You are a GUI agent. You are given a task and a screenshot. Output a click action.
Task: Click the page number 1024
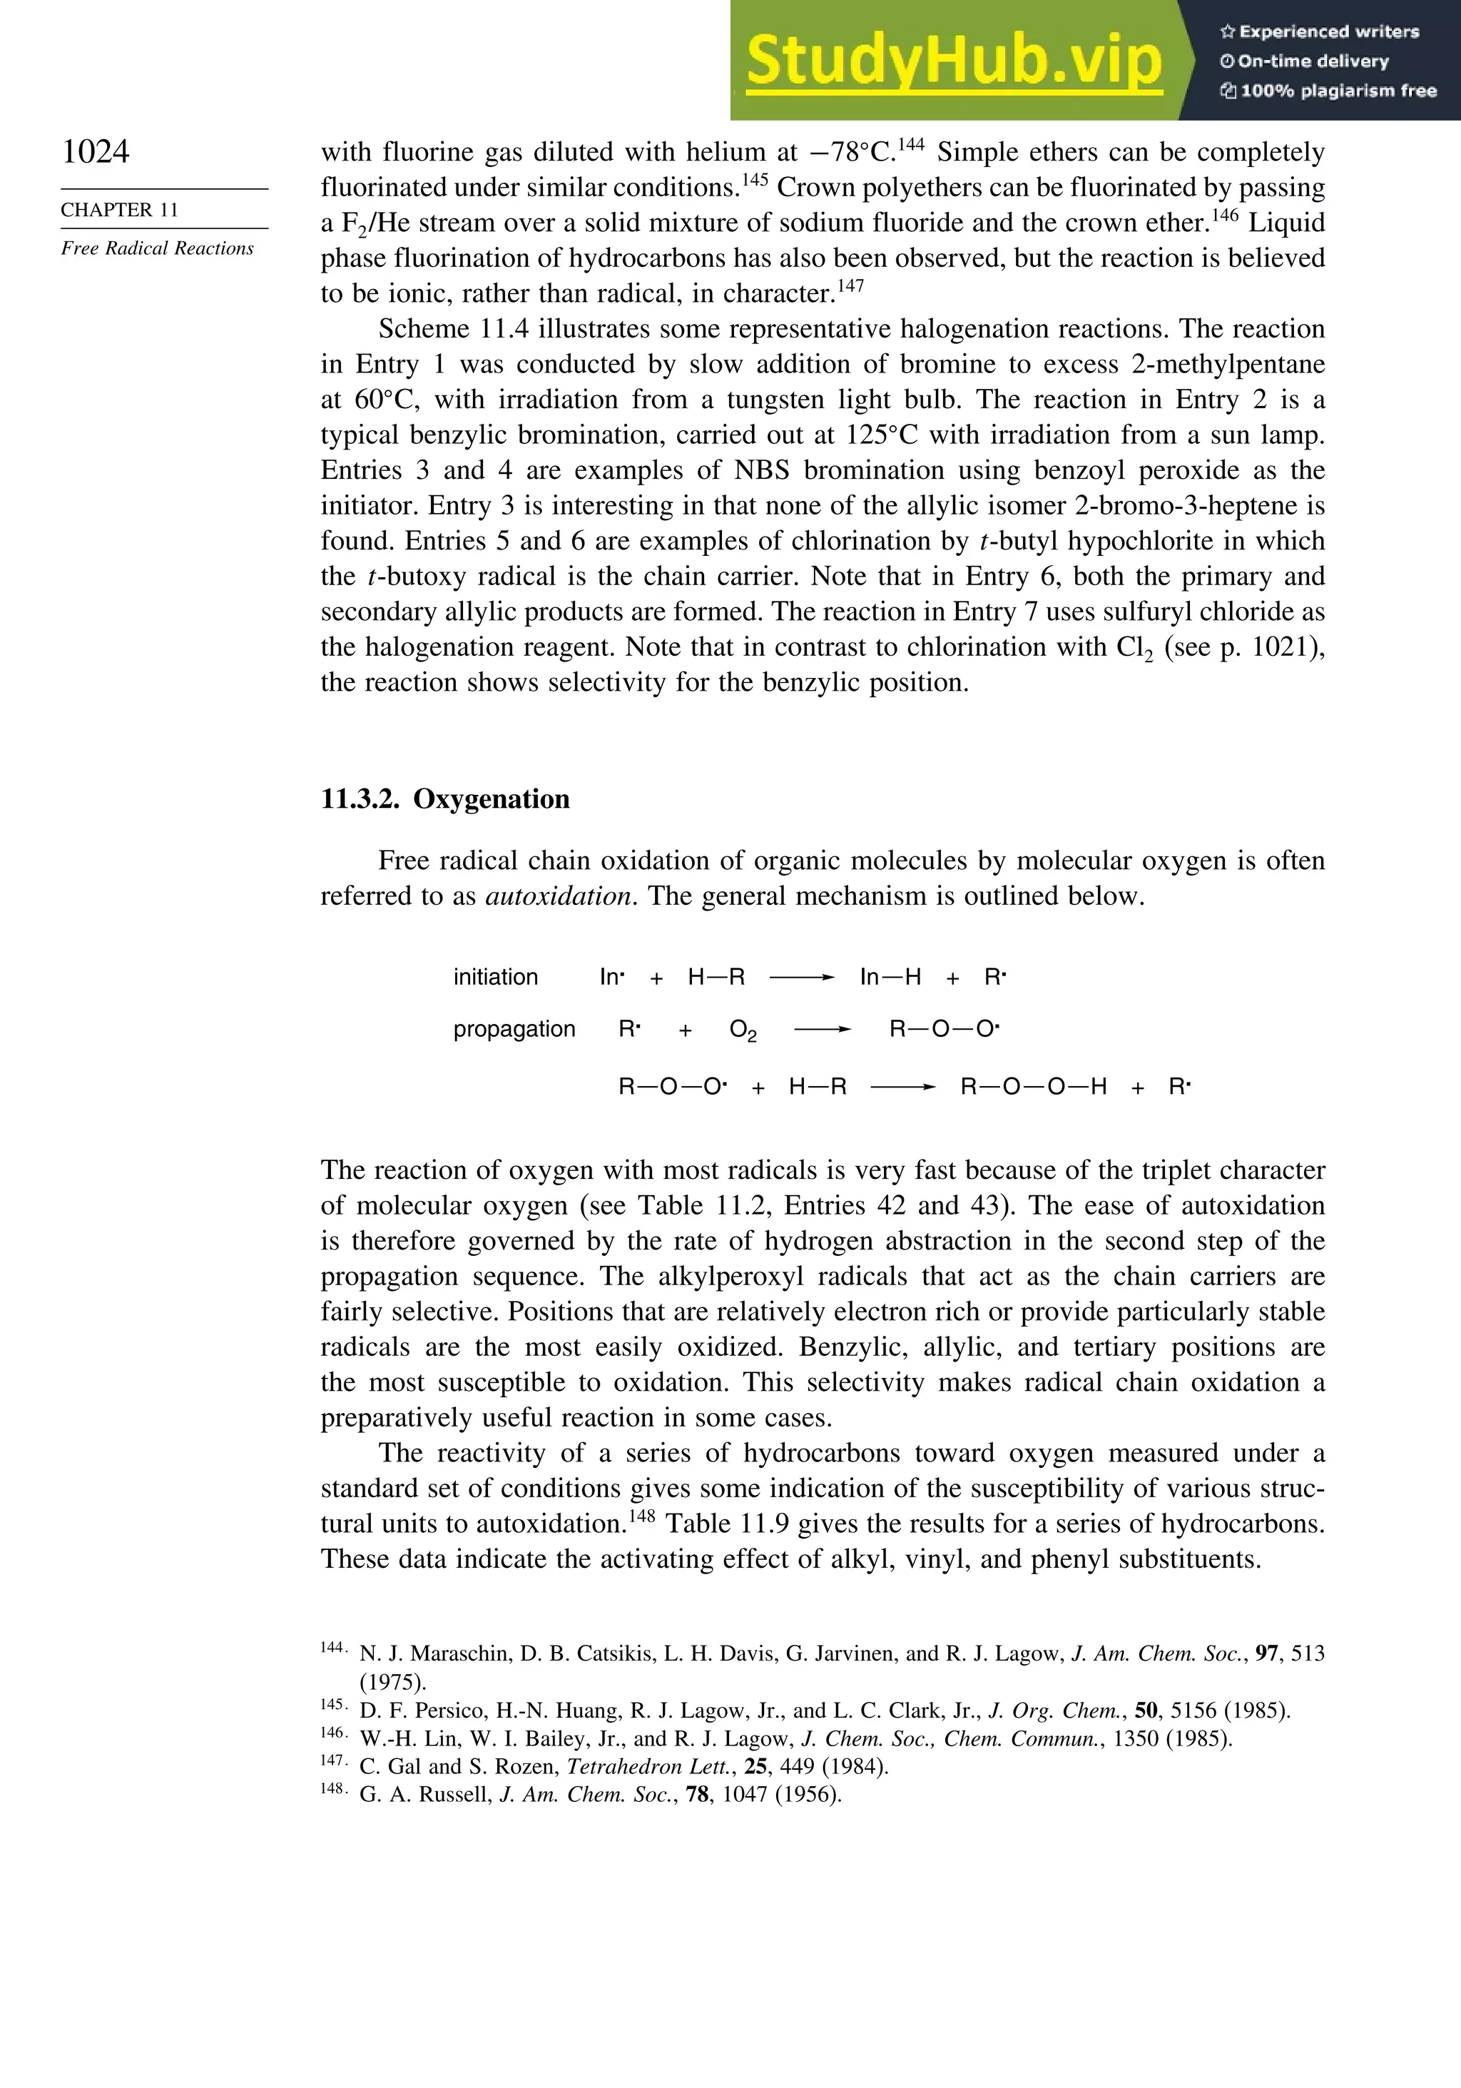click(x=96, y=151)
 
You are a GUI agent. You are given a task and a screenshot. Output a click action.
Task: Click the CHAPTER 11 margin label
click(x=119, y=209)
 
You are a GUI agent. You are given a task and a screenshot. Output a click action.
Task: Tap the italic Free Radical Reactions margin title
click(x=157, y=248)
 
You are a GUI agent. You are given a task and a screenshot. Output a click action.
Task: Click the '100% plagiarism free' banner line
click(x=1328, y=91)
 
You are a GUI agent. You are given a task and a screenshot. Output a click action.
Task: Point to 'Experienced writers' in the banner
click(x=1319, y=32)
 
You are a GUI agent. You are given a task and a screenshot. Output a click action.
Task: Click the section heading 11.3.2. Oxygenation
click(x=444, y=799)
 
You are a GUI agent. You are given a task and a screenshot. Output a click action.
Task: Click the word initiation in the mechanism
click(x=496, y=977)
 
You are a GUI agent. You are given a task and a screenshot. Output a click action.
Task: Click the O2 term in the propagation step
click(x=743, y=1030)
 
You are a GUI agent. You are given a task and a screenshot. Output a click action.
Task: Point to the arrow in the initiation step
click(x=801, y=978)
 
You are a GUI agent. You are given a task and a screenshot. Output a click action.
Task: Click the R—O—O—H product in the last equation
click(x=1033, y=1087)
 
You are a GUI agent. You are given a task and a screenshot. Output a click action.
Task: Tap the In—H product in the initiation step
click(x=890, y=978)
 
